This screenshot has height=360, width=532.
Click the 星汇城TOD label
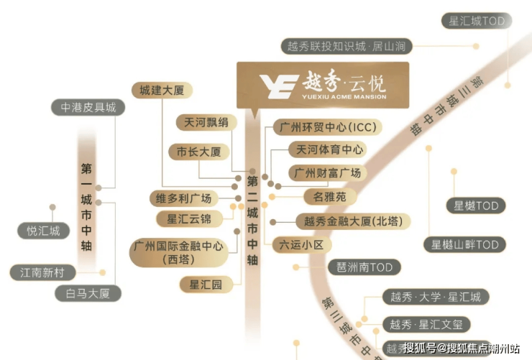pyautogui.click(x=477, y=21)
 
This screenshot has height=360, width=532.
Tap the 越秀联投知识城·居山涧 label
pyautogui.click(x=347, y=46)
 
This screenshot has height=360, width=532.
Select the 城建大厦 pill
pyautogui.click(x=162, y=90)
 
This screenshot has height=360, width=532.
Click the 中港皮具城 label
pyautogui.click(x=88, y=108)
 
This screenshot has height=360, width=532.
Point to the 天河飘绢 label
pyautogui.click(x=206, y=122)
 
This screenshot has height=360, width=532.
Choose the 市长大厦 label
pyautogui.click(x=199, y=152)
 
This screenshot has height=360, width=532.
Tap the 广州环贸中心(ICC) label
pyautogui.click(x=328, y=127)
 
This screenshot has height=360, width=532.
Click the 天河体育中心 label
pyautogui.click(x=327, y=149)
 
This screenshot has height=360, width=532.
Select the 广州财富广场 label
pyautogui.click(x=327, y=173)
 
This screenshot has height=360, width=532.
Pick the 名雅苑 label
pyautogui.click(x=330, y=197)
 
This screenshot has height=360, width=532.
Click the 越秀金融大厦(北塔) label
pyautogui.click(x=353, y=221)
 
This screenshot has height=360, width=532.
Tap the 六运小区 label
pyautogui.click(x=302, y=245)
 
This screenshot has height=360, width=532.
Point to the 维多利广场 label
pyautogui.click(x=183, y=198)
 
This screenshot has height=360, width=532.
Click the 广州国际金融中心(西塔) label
pyautogui.click(x=178, y=252)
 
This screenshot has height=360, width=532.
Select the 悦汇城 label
pyautogui.click(x=43, y=231)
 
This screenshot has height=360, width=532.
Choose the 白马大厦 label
pyautogui.click(x=88, y=294)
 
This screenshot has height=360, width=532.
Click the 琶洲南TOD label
pyautogui.click(x=364, y=267)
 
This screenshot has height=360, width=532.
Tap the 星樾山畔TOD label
pyautogui.click(x=465, y=245)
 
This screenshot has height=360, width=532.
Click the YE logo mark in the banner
pyautogui.click(x=279, y=86)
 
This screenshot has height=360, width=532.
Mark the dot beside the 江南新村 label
pyautogui.click(x=103, y=272)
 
